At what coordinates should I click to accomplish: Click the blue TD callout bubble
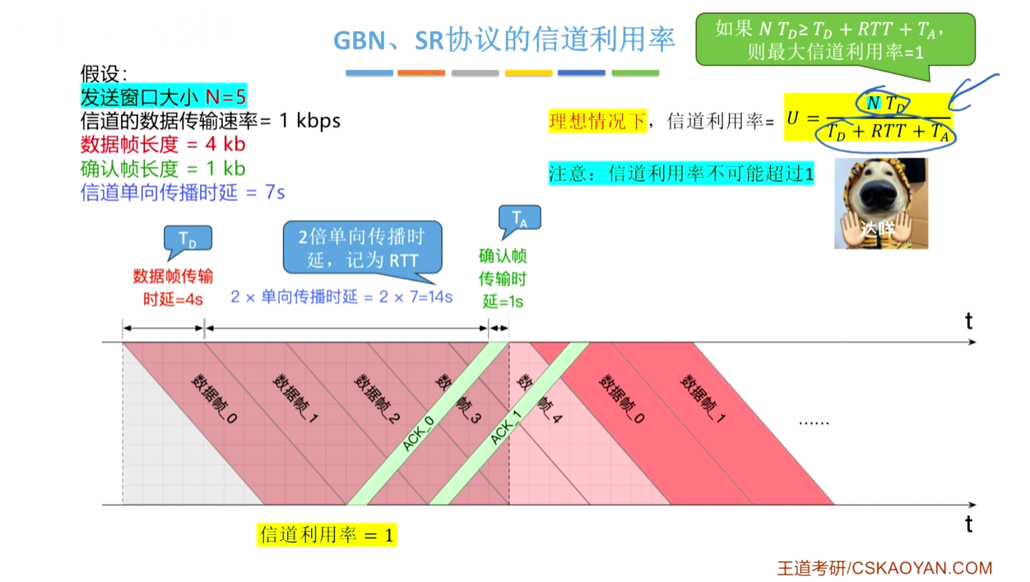pyautogui.click(x=188, y=239)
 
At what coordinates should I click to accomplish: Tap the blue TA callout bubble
pyautogui.click(x=520, y=218)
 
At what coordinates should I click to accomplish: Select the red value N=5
pyautogui.click(x=225, y=96)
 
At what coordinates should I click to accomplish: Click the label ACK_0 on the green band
pyautogui.click(x=419, y=433)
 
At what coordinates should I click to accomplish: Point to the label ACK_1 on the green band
pyautogui.click(x=506, y=428)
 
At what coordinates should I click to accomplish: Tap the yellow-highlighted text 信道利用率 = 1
pyautogui.click(x=327, y=535)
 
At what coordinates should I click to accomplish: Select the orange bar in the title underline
pyautogui.click(x=421, y=72)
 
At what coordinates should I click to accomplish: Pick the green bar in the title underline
pyautogui.click(x=635, y=72)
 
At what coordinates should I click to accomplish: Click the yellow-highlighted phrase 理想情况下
pyautogui.click(x=598, y=121)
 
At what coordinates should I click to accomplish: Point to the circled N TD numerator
pyautogui.click(x=884, y=103)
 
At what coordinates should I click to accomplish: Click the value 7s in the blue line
pyautogui.click(x=275, y=193)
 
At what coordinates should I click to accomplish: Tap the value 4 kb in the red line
pyautogui.click(x=225, y=144)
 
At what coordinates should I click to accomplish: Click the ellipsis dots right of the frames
pyautogui.click(x=814, y=423)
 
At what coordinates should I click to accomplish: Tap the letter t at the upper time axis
pyautogui.click(x=969, y=321)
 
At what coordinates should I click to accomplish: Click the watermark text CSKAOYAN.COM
pyautogui.click(x=922, y=568)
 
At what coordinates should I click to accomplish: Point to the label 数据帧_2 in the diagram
pyautogui.click(x=377, y=398)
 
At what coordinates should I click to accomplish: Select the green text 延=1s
pyautogui.click(x=503, y=302)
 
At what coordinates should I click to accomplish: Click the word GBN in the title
pyautogui.click(x=360, y=40)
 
